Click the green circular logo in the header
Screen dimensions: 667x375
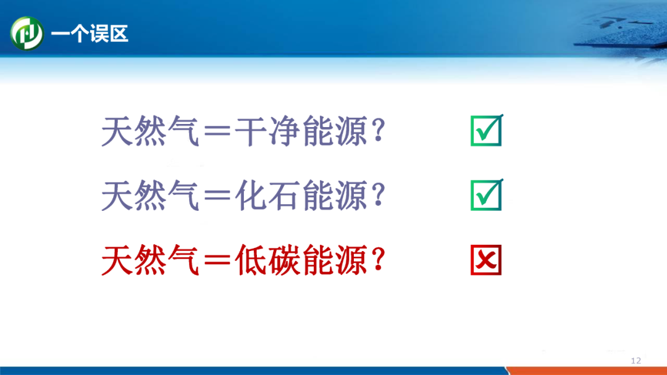coord(27,33)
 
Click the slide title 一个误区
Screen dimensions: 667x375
coord(90,33)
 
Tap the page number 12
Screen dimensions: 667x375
coord(636,361)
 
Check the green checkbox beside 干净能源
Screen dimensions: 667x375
coord(487,130)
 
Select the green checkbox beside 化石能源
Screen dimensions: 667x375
coord(487,195)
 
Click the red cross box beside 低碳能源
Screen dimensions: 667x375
coord(486,260)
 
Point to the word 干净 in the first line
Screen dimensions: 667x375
coord(267,131)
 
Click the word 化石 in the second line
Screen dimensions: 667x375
coord(267,196)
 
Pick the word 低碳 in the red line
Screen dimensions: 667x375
coord(267,260)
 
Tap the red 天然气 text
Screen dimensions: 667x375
coord(151,260)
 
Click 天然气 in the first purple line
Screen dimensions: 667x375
coord(151,131)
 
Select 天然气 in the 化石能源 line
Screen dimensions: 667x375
coord(151,196)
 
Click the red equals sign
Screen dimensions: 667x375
coord(217,260)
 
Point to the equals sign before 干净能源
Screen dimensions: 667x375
coord(217,131)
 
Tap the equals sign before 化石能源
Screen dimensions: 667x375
coord(217,196)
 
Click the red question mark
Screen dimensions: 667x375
coord(378,259)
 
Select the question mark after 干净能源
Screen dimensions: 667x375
coord(378,130)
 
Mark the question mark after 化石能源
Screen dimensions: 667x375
coord(378,194)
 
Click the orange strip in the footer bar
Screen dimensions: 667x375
coord(587,371)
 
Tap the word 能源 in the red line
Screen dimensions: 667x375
coord(335,260)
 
